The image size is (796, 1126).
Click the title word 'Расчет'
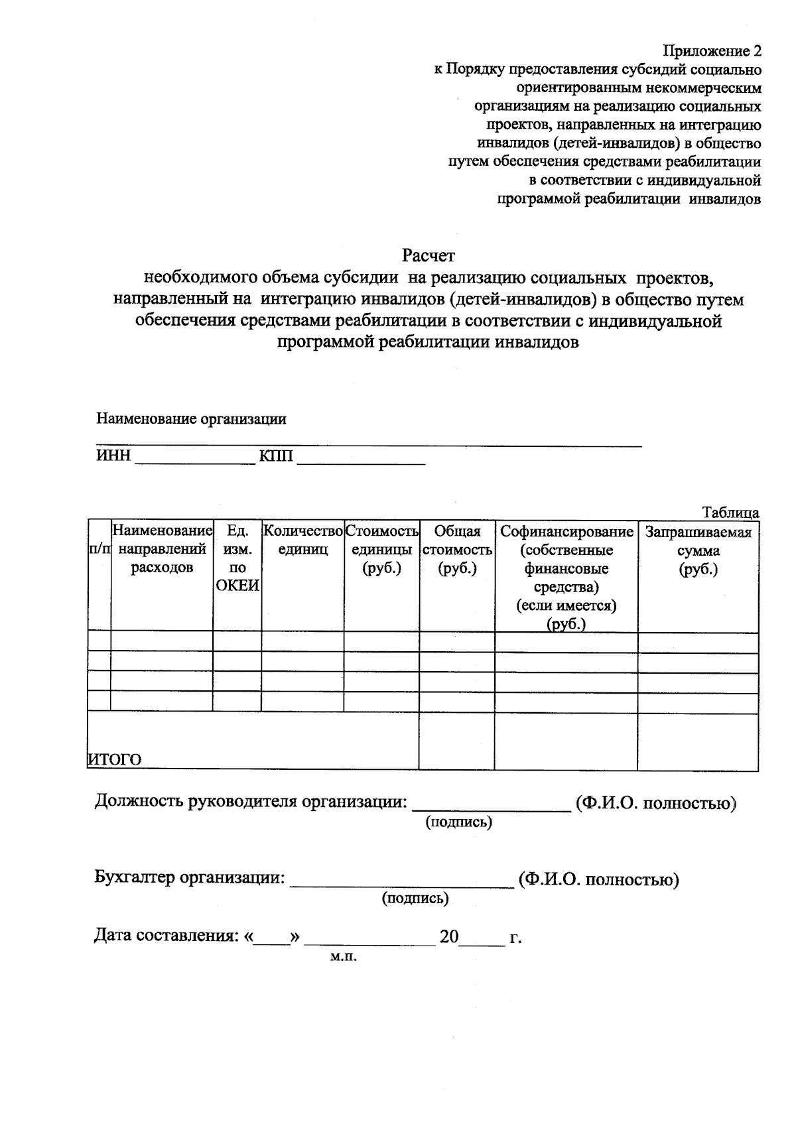point(429,255)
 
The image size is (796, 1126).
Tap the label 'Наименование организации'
point(191,419)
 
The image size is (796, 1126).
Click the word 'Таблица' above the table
point(730,513)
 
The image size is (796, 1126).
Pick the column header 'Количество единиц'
point(303,540)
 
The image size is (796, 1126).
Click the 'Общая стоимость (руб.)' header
point(457,550)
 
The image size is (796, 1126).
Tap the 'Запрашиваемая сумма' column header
point(698,550)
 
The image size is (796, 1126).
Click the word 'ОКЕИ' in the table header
point(237,586)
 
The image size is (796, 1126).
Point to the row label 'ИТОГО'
point(115,760)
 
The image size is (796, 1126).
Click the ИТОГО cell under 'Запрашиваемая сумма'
point(698,742)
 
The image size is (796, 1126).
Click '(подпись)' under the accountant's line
point(415,899)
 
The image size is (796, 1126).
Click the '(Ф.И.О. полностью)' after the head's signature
point(655,804)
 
